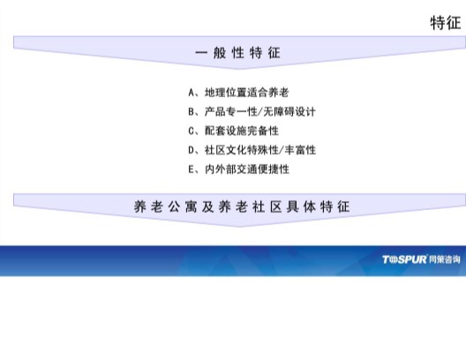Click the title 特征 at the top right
click(x=446, y=23)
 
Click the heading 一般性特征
click(x=237, y=53)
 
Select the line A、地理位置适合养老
click(x=238, y=93)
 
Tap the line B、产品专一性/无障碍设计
click(x=252, y=112)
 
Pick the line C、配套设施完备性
click(x=234, y=131)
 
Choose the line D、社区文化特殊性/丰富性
click(x=252, y=150)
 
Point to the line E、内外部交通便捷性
click(x=239, y=169)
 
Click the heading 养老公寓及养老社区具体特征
click(x=242, y=206)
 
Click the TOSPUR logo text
click(x=404, y=259)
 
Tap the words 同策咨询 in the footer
click(x=445, y=259)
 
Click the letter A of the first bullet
click(x=192, y=93)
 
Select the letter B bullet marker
click(x=192, y=112)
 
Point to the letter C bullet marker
click(x=192, y=131)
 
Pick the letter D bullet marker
click(x=192, y=150)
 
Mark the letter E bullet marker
click(x=192, y=169)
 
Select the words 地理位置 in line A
click(x=226, y=93)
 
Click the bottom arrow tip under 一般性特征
click(x=238, y=69)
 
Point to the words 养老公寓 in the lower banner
click(x=165, y=206)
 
